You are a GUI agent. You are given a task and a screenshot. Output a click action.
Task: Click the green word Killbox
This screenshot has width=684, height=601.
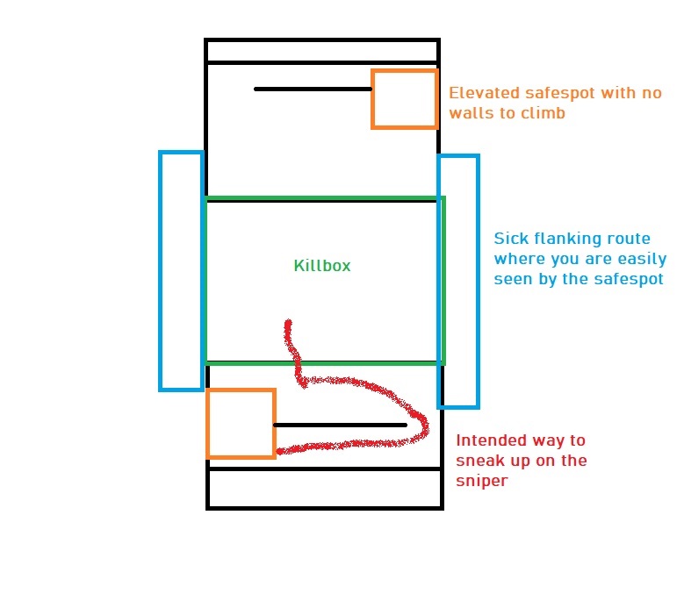321,265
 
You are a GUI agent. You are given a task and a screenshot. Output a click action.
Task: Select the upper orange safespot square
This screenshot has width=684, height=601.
404,99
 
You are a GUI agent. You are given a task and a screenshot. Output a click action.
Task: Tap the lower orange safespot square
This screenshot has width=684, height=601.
241,424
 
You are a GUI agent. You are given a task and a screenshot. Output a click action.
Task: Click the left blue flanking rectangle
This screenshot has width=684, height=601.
181,270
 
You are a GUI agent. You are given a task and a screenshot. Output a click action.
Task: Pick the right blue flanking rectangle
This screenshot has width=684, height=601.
458,282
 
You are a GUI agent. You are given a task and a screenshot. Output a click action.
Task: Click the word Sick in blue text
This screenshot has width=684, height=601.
511,238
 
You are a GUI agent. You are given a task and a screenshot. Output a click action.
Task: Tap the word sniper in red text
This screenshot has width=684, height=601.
479,481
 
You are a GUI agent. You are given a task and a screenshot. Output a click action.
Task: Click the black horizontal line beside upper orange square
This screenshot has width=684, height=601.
313,89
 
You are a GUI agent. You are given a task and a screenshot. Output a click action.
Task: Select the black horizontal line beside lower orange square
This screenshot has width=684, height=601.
340,425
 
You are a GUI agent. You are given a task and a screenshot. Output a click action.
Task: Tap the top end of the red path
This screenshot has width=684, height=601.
287,323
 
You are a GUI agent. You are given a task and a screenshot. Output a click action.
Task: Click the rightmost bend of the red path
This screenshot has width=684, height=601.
427,425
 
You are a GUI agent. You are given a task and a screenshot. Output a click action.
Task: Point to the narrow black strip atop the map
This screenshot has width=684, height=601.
321,51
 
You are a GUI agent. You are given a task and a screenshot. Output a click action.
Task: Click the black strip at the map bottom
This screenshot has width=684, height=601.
324,488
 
